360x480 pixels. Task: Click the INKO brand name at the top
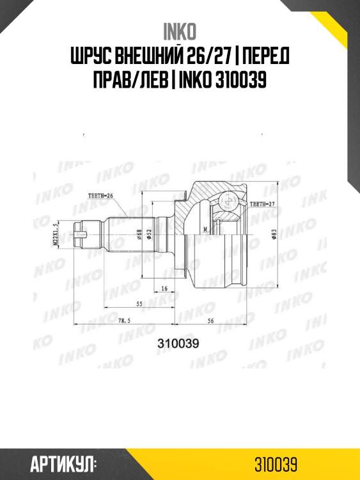coord(180,31)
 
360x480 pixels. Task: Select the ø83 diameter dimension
coord(273,236)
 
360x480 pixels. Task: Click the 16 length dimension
coord(164,289)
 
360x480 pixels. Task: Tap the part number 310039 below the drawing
coord(178,342)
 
